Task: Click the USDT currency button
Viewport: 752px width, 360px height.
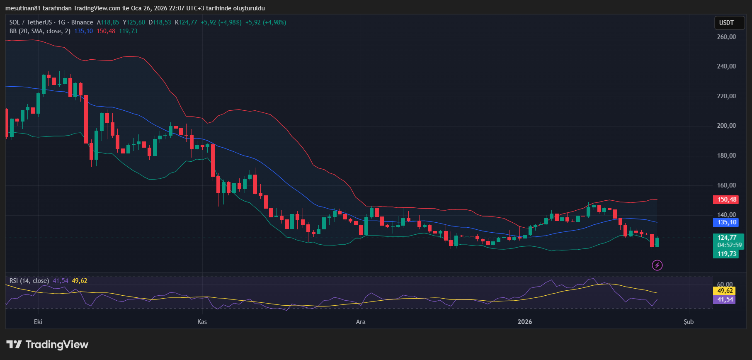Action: [726, 23]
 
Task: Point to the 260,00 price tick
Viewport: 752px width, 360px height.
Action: [726, 37]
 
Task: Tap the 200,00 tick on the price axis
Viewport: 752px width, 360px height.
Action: [726, 126]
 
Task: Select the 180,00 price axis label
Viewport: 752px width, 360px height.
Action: [726, 156]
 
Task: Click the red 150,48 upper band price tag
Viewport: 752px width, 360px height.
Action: [727, 199]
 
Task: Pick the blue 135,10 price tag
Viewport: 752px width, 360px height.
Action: [727, 222]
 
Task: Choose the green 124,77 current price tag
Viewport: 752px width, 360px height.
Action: [727, 238]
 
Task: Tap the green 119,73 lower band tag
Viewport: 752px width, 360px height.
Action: [727, 254]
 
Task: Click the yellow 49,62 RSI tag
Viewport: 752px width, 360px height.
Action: [725, 291]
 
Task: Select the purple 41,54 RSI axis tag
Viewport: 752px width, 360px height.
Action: [725, 299]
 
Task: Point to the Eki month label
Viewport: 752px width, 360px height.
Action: [38, 322]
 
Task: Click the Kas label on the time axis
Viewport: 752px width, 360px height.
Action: [202, 322]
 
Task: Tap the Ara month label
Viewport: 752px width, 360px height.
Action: [361, 322]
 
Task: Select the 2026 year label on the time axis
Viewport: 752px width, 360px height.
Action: [525, 322]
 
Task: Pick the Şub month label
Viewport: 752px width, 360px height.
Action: [689, 322]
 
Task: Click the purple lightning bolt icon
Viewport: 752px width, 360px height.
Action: [657, 265]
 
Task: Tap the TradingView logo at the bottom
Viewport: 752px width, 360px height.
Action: [48, 345]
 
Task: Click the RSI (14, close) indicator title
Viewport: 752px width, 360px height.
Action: [29, 281]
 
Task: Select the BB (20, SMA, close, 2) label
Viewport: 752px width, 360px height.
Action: [40, 31]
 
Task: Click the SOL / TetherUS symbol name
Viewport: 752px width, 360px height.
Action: [31, 22]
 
